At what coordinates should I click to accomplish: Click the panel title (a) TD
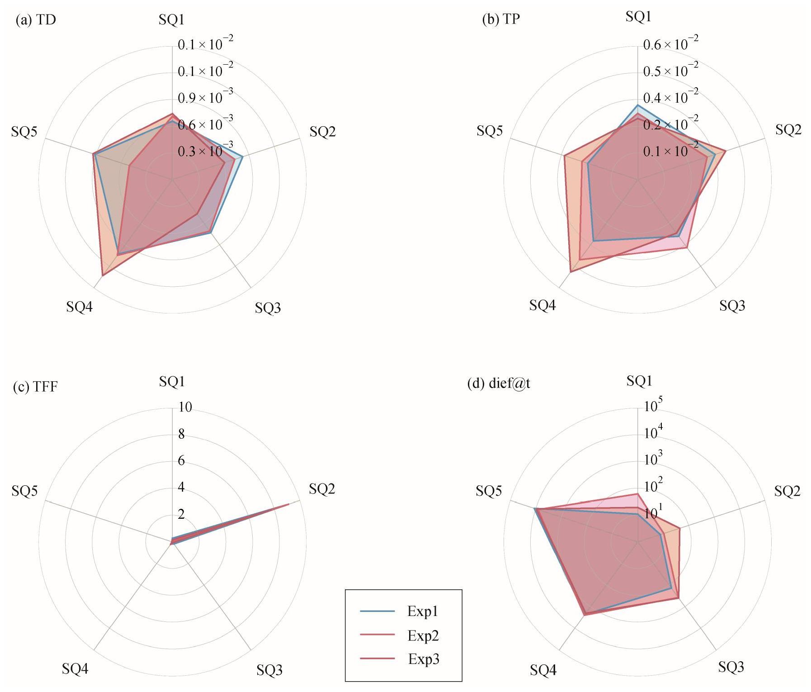[36, 21]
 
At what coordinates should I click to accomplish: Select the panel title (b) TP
[501, 21]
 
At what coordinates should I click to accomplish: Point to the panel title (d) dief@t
[499, 384]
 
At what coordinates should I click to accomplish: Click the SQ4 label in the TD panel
[80, 307]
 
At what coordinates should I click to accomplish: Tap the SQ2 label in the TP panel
[788, 130]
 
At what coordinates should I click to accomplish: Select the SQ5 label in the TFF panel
[25, 491]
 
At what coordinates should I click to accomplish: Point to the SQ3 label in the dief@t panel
[731, 667]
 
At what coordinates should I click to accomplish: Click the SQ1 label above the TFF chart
[172, 382]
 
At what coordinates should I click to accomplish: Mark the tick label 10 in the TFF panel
[185, 408]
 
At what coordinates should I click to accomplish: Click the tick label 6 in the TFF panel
[182, 461]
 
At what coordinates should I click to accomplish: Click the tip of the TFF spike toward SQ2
[289, 504]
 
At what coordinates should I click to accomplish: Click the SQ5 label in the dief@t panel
[489, 491]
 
